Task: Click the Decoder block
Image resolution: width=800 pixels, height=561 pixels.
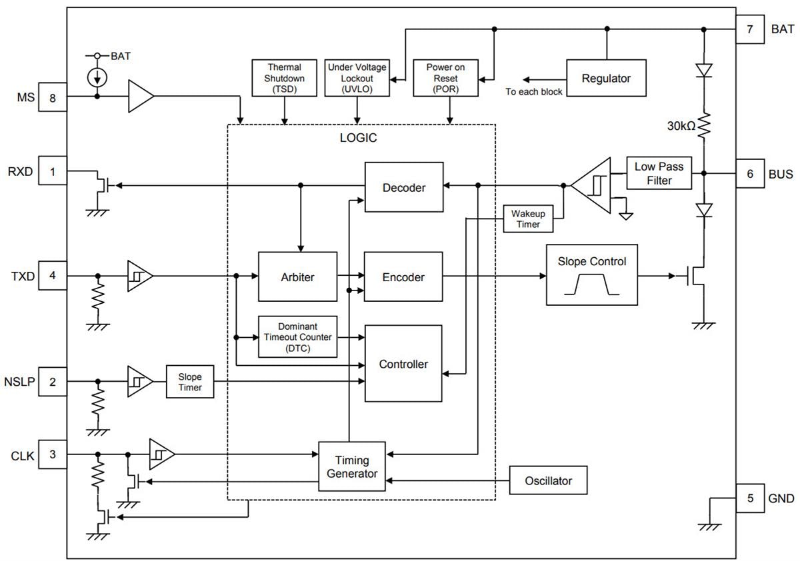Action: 404,187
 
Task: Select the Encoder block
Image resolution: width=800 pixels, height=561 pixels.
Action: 404,277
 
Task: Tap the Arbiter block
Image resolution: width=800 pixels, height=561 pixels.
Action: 297,277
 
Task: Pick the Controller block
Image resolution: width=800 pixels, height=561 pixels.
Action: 403,364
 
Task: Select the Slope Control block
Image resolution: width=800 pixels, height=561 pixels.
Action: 592,275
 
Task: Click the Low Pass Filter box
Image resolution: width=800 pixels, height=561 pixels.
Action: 659,173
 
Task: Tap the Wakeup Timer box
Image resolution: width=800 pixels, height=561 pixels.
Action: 528,219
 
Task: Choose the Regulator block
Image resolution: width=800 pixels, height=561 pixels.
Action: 606,79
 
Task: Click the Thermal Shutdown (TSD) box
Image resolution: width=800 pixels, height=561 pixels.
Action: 285,77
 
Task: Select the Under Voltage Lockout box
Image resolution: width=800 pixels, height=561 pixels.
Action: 357,77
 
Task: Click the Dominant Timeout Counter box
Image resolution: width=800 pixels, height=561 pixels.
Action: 297,336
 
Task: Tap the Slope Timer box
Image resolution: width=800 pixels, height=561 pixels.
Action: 190,382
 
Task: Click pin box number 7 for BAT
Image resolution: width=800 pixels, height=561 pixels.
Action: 749,29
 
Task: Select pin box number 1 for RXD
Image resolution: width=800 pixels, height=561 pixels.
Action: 53,171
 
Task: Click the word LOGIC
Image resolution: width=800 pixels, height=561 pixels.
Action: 358,138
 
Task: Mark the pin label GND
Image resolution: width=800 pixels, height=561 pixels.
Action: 781,498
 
